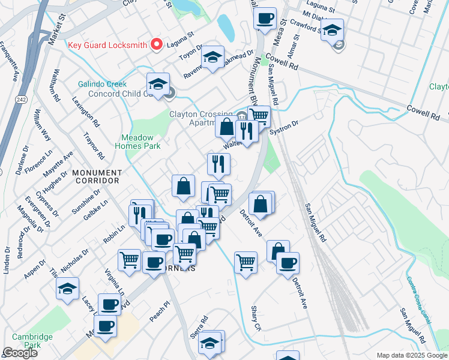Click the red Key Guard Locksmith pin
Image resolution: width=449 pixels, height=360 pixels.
pos(158,44)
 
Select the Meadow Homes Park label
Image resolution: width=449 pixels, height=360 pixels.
pos(137,142)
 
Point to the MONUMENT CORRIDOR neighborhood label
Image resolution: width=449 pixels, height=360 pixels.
pos(97,176)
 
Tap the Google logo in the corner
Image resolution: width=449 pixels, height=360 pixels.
pos(20,353)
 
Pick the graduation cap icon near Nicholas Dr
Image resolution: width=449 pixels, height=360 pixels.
pos(68,288)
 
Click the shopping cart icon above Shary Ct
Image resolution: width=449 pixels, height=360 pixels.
pos(246,262)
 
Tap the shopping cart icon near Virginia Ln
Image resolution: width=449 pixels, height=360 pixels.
pos(129,260)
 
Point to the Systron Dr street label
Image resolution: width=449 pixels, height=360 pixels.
pos(284,128)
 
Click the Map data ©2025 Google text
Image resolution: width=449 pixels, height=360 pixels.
pos(411,355)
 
